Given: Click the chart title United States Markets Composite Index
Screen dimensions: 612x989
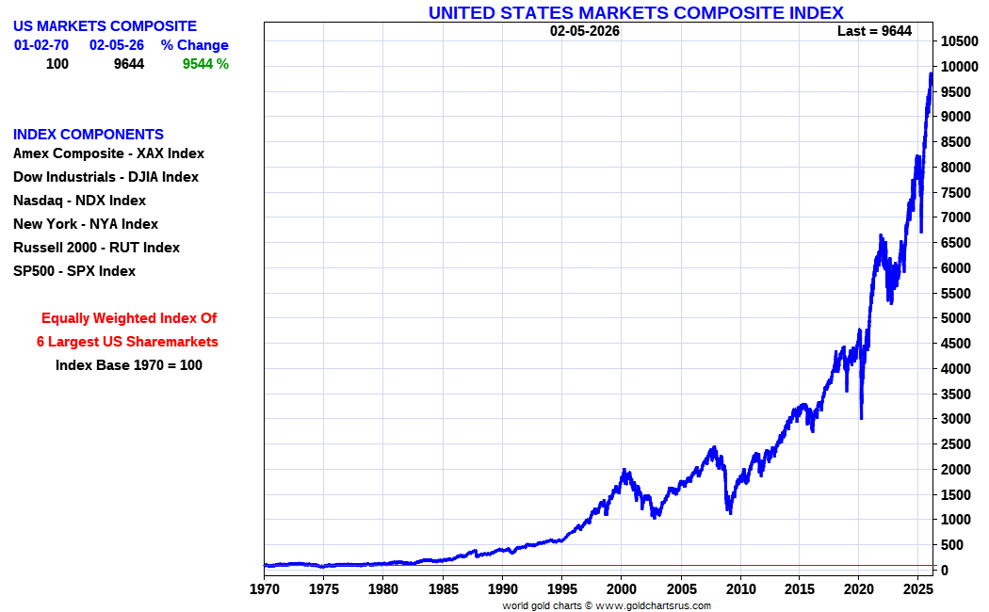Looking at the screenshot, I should [x=636, y=12].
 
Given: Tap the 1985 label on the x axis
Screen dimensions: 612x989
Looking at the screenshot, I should [x=442, y=589].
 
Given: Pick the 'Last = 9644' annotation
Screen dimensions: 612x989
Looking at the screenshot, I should [x=874, y=31].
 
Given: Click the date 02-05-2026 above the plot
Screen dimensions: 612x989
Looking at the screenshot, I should [x=585, y=31].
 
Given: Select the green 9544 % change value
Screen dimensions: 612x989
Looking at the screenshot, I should [x=205, y=64].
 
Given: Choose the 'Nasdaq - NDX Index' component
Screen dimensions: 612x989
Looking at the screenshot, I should [x=79, y=201].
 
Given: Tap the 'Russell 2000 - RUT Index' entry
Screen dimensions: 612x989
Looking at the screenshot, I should [x=96, y=248].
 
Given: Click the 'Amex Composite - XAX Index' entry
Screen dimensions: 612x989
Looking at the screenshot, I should [x=108, y=153].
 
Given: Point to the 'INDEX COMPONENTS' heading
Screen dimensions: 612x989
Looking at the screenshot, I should [x=89, y=135].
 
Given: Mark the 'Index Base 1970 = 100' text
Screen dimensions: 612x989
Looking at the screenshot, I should [x=129, y=365].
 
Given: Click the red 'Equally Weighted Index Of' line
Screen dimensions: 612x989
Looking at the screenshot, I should [x=129, y=318].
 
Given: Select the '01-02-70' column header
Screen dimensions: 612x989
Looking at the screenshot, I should [x=41, y=45].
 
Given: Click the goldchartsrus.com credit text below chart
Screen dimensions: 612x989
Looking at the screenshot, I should [x=606, y=605].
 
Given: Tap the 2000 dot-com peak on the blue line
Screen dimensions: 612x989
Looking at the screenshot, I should [x=624, y=469].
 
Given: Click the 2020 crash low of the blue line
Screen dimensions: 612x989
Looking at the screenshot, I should [x=861, y=417].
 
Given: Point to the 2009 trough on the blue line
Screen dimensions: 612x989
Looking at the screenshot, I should [x=729, y=511].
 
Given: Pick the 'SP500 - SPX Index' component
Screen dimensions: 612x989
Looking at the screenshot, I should [x=74, y=271].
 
